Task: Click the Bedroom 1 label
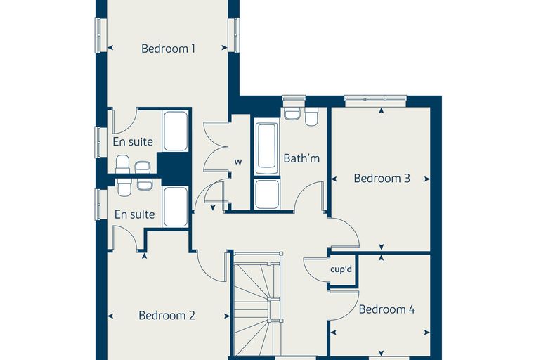168,49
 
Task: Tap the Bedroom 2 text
167,315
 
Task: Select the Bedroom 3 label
382,179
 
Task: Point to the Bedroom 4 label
387,309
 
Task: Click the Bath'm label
301,158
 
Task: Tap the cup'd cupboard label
341,270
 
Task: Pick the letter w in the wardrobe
238,161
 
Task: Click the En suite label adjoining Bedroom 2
134,214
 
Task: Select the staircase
258,304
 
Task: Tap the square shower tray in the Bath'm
267,194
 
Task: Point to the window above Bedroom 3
375,101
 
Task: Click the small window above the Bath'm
294,101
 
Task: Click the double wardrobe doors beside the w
214,147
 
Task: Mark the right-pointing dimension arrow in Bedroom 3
427,179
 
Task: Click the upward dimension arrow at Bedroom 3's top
382,110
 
